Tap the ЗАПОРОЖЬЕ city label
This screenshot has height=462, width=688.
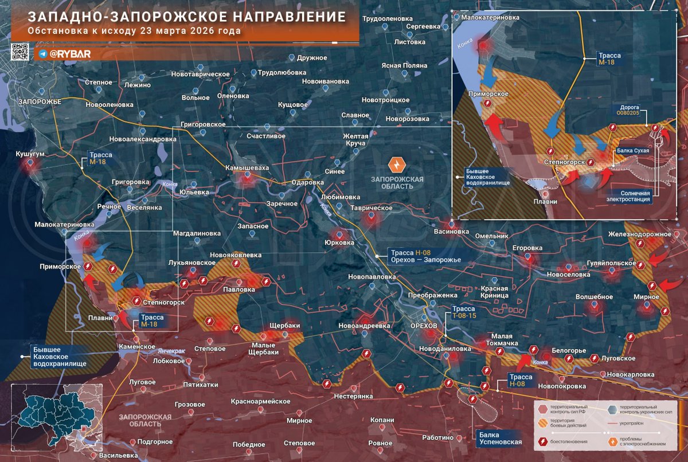[x=39, y=101]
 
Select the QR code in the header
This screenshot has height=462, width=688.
[x=20, y=52]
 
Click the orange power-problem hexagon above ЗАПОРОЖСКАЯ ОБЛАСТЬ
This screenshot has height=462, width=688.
[x=397, y=165]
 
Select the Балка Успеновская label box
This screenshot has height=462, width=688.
[x=500, y=438]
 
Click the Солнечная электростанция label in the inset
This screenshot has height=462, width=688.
[x=630, y=196]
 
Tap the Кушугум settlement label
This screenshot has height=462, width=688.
[x=29, y=155]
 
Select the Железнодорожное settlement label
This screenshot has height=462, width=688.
[x=648, y=234]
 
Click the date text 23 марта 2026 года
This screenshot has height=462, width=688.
[x=189, y=31]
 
